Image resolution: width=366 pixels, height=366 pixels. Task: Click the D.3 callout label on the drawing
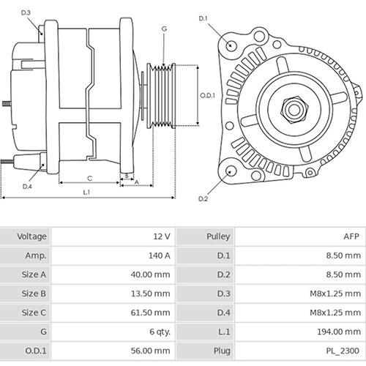point(26,12)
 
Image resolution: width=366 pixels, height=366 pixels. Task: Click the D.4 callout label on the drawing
point(27,187)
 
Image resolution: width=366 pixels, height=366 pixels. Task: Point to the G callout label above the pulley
point(164,29)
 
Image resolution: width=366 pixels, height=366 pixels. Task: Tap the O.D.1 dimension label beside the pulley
point(207,94)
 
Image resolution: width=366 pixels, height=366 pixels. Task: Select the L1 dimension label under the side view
point(86,192)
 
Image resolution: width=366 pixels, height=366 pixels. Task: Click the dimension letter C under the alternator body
point(89,178)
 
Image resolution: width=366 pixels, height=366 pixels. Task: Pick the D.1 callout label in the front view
point(203,18)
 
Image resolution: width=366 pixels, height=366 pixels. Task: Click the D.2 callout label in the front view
point(203,198)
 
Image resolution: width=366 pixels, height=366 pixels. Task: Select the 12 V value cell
point(162,236)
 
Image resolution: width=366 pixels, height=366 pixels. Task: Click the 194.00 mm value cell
point(341,332)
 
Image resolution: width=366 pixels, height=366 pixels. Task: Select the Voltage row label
point(31,236)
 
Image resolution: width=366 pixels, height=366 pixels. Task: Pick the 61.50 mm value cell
point(152,313)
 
